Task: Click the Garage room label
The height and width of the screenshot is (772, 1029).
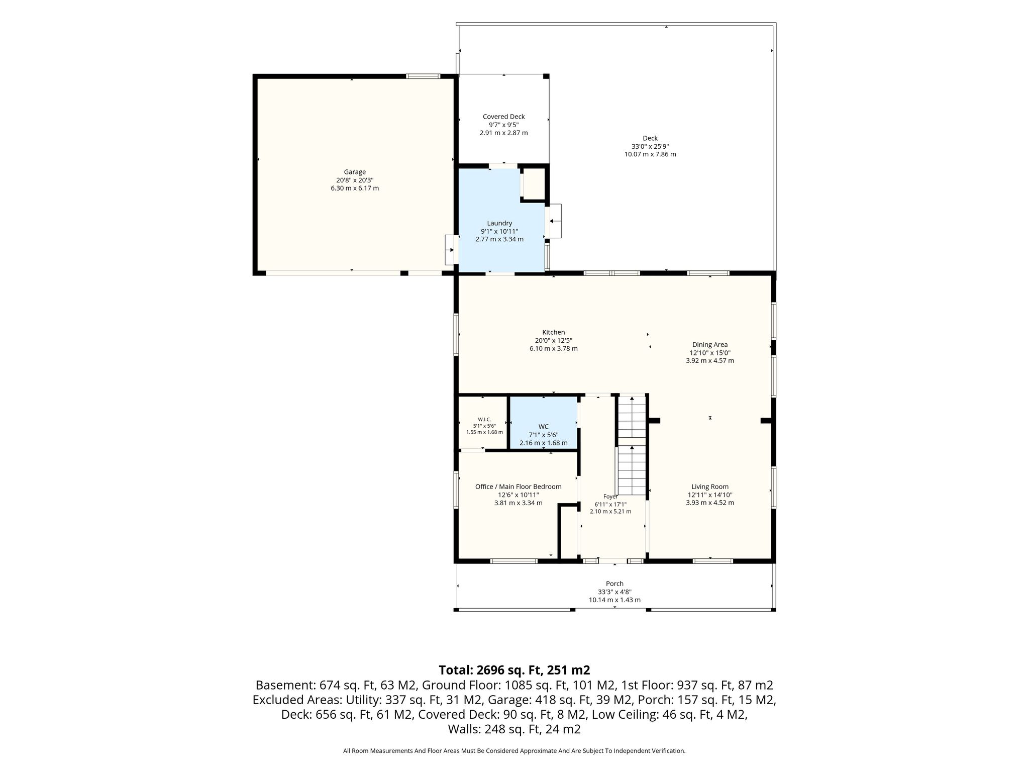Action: (x=355, y=172)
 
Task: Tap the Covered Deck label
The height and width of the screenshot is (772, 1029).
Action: (x=503, y=117)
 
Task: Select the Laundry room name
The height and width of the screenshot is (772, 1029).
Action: (x=499, y=223)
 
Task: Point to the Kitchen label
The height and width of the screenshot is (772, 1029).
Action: (x=554, y=332)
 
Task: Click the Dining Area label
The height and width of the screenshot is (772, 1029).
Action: (x=710, y=344)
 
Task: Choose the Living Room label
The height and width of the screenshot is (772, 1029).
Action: (x=710, y=487)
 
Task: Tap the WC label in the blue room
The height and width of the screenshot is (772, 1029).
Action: (x=543, y=427)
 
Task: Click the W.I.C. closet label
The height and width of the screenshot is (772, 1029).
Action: (x=484, y=420)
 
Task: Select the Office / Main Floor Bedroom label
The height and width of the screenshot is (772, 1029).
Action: (x=519, y=487)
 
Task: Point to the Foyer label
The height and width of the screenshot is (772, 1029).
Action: (x=610, y=497)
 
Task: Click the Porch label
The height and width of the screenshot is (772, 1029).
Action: (x=614, y=584)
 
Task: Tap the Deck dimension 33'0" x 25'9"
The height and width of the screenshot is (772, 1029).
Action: (x=650, y=146)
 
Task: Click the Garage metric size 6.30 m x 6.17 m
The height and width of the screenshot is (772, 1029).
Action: (x=355, y=188)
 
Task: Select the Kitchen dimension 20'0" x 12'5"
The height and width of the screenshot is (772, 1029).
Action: (x=554, y=340)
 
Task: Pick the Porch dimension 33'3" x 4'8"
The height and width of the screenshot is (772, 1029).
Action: (x=614, y=592)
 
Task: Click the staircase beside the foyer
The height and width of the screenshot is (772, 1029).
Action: (x=632, y=445)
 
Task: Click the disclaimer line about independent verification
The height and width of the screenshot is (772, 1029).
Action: (x=514, y=751)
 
